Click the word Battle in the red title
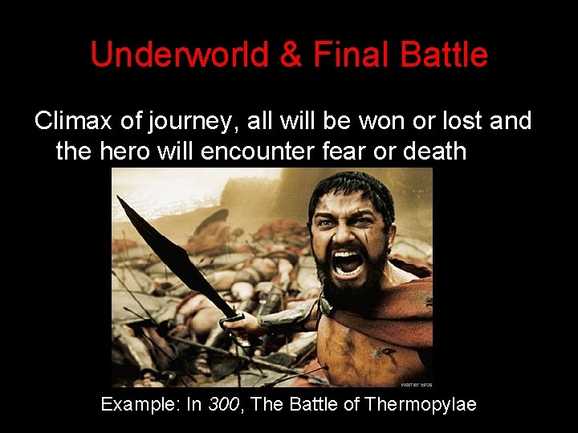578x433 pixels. (x=441, y=55)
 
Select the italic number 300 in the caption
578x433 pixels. (x=225, y=404)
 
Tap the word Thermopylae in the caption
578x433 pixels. (x=420, y=404)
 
